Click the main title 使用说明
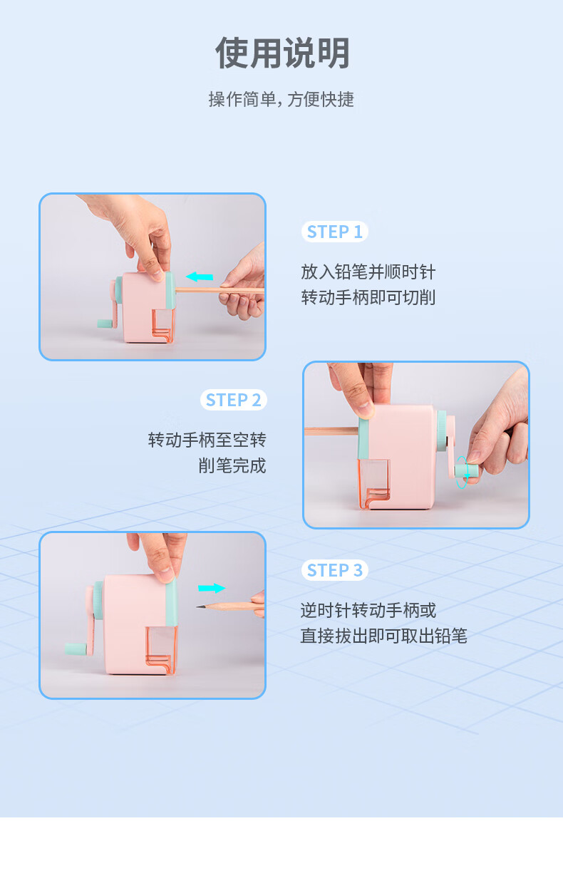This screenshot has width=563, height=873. coord(282,53)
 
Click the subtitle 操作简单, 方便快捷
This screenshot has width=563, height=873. coord(281,99)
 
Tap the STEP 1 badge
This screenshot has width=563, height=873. coord(335,232)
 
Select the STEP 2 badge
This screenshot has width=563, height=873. coord(233,400)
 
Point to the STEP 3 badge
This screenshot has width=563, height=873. coord(335,570)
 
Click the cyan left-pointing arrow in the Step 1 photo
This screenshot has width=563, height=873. coord(199,277)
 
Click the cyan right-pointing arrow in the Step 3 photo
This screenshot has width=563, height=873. coord(212,588)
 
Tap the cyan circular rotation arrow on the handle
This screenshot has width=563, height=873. coord(462,472)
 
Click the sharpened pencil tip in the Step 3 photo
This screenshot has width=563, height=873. coord(200,606)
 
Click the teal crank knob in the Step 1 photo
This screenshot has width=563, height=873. coord(105,324)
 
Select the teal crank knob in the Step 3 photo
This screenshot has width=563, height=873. coord(76,649)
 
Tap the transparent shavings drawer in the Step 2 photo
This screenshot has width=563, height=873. coord(374,484)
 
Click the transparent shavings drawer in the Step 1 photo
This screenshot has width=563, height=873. coord(163,326)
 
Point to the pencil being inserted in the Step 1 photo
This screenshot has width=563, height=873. coord(219,290)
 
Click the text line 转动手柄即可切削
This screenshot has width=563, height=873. coord(368,297)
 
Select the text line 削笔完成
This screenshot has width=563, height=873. coord(232,465)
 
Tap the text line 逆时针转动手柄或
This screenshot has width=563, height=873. coord(368,610)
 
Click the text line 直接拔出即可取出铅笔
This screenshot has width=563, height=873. coord(384,636)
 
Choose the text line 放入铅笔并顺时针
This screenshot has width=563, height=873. coord(368,272)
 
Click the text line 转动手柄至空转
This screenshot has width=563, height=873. coord(207,440)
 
